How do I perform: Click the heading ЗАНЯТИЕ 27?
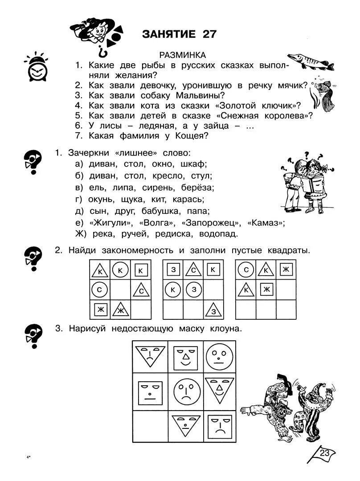pos(179,34)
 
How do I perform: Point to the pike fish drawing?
pos(311,62)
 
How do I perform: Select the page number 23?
pos(324,453)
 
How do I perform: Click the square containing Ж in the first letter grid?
pos(100,309)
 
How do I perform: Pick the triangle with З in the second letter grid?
pos(213,309)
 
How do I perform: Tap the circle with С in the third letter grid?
pos(245,270)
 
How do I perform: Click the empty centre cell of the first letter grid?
pos(120,290)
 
